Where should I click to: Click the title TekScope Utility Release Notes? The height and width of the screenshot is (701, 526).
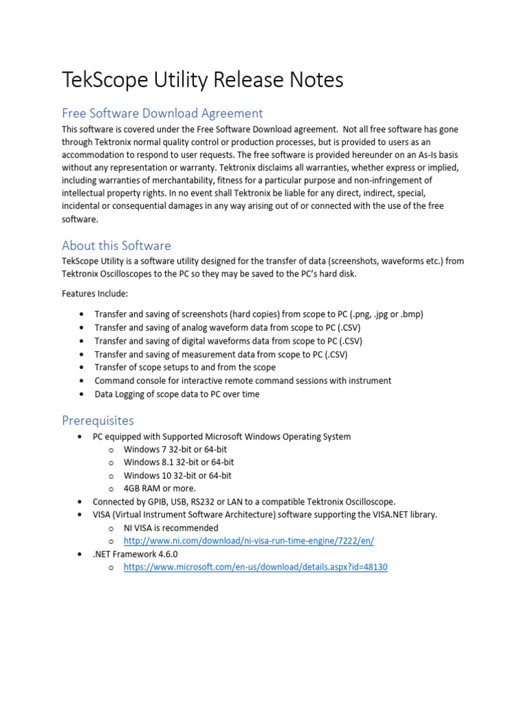point(202,81)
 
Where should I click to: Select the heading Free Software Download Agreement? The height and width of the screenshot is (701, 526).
point(162,113)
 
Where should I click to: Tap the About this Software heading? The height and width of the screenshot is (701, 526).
point(116,245)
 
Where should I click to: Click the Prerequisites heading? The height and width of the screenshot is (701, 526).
point(98,420)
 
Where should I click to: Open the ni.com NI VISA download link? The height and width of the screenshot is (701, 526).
point(249,541)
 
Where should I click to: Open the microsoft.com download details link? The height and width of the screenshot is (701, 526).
point(255,568)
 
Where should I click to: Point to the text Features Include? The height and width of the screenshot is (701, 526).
point(95,294)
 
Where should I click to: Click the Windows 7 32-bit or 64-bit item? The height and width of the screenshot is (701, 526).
point(175,450)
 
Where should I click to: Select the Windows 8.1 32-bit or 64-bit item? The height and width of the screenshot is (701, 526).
point(179,463)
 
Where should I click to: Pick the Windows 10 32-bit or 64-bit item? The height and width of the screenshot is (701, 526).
point(177,476)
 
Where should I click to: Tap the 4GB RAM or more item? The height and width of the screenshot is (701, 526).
point(160,489)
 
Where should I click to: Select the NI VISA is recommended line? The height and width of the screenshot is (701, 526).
point(171,528)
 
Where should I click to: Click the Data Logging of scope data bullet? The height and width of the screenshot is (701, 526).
point(177,394)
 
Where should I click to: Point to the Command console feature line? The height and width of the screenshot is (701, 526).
point(242,381)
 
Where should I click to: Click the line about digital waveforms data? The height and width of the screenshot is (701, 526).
point(228,341)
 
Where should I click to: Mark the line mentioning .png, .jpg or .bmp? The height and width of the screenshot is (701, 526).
point(258,314)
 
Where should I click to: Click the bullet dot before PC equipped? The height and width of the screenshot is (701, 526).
point(82,437)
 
